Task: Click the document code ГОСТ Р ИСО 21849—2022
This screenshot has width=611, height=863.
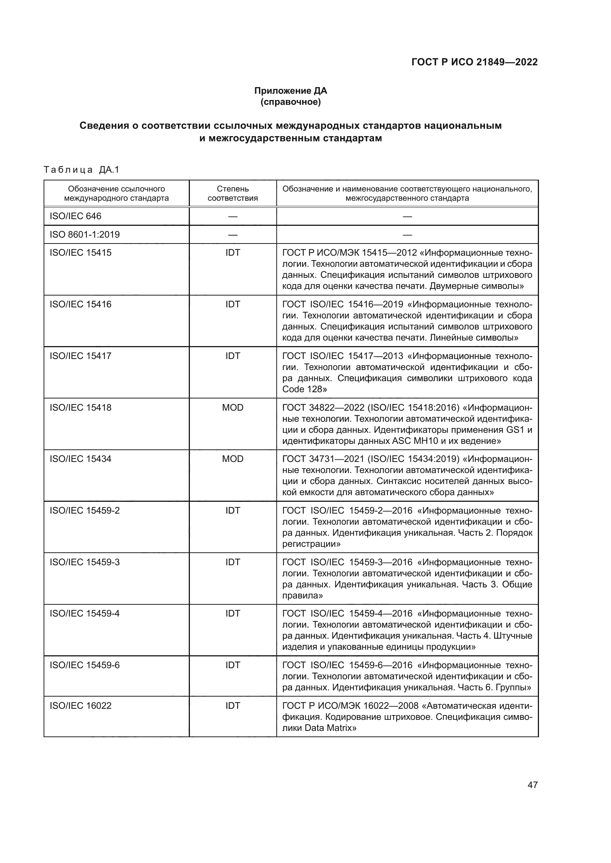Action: click(x=474, y=62)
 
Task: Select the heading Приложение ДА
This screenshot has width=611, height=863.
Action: click(x=290, y=91)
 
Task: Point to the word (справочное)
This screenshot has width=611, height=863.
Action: click(x=290, y=102)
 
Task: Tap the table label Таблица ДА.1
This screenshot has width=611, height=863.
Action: click(x=81, y=170)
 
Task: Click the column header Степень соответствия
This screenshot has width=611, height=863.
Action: click(x=232, y=193)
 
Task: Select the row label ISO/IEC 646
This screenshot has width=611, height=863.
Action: click(x=75, y=216)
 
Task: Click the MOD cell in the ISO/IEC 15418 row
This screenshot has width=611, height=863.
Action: click(x=232, y=407)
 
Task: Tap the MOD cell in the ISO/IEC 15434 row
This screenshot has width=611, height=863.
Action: click(x=232, y=459)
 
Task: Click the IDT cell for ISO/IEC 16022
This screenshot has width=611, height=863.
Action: click(x=232, y=705)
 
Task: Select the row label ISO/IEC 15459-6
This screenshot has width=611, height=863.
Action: click(x=85, y=665)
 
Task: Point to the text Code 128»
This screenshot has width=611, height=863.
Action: click(x=304, y=389)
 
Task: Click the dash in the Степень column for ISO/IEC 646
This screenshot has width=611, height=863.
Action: click(x=232, y=217)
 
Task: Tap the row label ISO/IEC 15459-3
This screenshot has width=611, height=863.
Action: click(x=85, y=562)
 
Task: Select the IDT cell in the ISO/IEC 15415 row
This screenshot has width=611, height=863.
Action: click(x=232, y=253)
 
